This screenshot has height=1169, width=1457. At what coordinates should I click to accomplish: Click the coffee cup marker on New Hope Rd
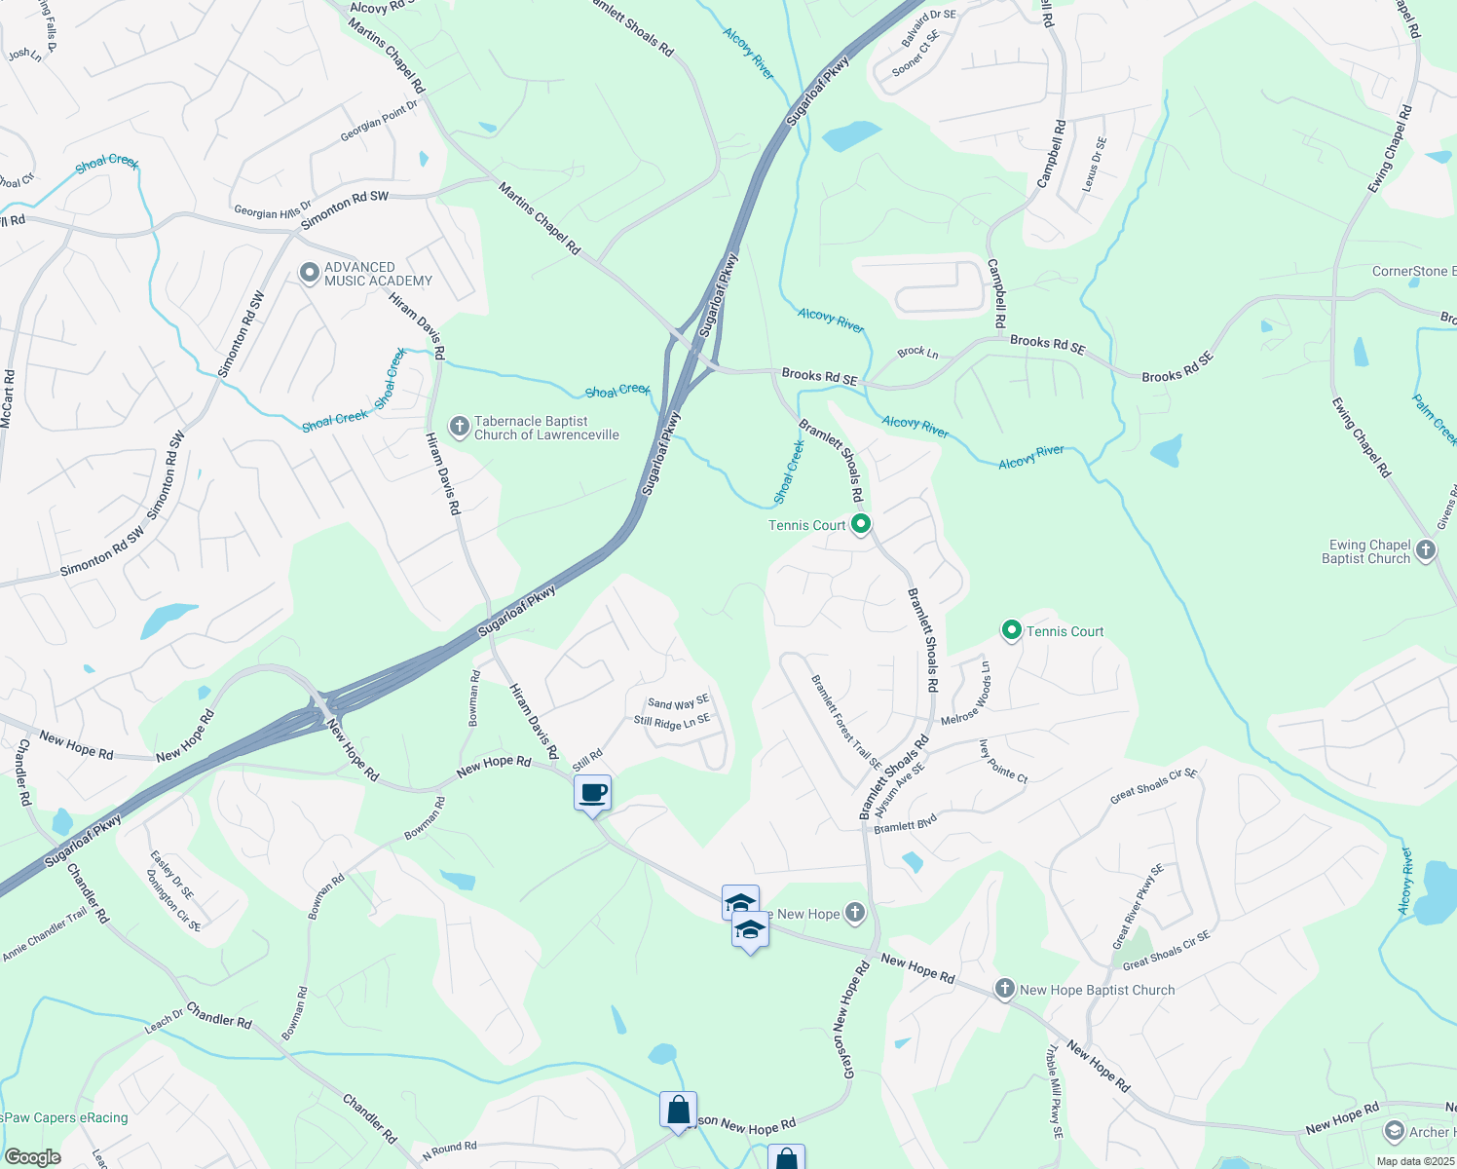(x=592, y=793)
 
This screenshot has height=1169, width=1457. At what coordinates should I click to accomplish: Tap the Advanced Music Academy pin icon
(x=310, y=274)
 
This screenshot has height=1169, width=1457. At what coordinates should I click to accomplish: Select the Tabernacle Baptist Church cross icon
(x=459, y=427)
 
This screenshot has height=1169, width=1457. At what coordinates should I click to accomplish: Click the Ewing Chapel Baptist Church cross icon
(x=1426, y=550)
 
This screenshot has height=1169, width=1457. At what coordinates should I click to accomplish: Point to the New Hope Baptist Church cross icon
(x=1004, y=989)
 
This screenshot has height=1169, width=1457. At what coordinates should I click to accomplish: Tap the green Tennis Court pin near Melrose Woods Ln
(x=1011, y=631)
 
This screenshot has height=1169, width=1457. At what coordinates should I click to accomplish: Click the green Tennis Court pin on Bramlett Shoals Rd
(x=860, y=525)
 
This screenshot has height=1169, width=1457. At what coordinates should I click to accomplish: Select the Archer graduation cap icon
(x=1394, y=1131)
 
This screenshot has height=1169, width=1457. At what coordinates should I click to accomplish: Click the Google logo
(x=32, y=1157)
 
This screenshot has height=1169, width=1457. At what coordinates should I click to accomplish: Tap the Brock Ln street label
(x=917, y=352)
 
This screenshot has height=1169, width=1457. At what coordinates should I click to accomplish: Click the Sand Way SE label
(x=678, y=702)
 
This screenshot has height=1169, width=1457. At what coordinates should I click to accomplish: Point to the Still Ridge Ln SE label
(x=672, y=722)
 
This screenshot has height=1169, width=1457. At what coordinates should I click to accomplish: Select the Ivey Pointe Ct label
(x=1003, y=761)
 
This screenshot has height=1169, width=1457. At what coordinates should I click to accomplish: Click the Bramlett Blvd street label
(x=905, y=825)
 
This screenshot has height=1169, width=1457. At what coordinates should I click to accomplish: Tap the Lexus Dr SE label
(x=1095, y=164)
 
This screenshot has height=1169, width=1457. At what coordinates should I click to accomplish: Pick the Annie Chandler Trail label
(x=45, y=936)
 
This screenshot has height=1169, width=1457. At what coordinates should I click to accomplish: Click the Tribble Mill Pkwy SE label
(x=1055, y=1092)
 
